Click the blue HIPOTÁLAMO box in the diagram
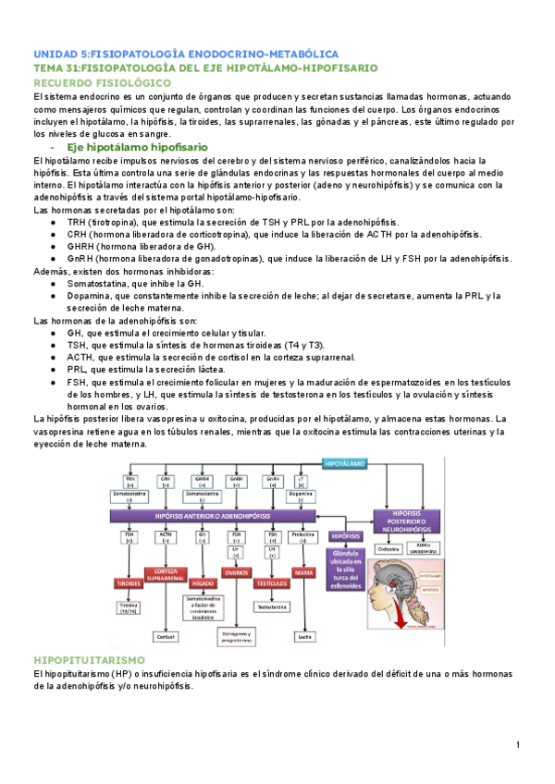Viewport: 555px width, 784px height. pyautogui.click(x=344, y=461)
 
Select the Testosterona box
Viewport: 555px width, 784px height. pyautogui.click(x=272, y=607)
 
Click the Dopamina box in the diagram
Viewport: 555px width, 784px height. pyautogui.click(x=301, y=496)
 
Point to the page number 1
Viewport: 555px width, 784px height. pyautogui.click(x=519, y=745)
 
